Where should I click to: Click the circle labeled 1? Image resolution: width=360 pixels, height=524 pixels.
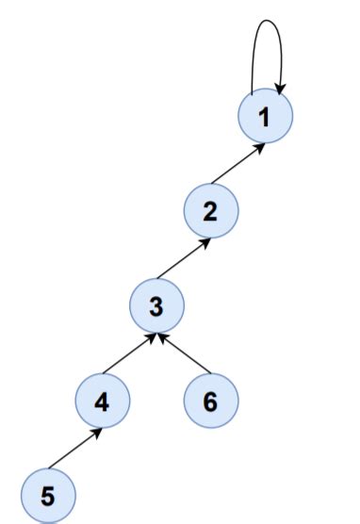pos(265,118)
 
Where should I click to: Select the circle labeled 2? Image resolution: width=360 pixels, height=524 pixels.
pos(210,211)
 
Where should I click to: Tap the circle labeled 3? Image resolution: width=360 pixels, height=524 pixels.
pos(156,305)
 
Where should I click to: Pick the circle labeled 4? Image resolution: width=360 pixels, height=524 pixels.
pos(102,401)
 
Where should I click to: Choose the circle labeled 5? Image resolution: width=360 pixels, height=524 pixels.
pos(48,494)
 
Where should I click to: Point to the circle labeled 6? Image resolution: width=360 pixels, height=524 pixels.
pos(210,401)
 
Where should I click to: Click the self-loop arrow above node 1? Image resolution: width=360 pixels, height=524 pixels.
pos(266,21)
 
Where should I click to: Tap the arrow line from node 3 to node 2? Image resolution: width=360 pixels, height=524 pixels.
pos(184,258)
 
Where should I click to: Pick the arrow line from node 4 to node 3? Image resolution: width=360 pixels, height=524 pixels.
pos(129,352)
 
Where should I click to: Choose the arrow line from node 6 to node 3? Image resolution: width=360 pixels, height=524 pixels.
pos(184,352)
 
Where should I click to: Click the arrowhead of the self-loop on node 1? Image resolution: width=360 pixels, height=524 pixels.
pos(280,89)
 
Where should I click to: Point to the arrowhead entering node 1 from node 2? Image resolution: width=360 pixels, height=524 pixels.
pos(259,146)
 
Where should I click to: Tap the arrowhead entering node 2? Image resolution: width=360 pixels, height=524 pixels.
pos(205,240)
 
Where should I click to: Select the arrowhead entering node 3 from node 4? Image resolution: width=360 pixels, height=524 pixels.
pos(151,335)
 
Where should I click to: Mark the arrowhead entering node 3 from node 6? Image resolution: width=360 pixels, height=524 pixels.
pos(163,335)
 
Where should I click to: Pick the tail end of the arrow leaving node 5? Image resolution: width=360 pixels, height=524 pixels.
pos(51,467)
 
